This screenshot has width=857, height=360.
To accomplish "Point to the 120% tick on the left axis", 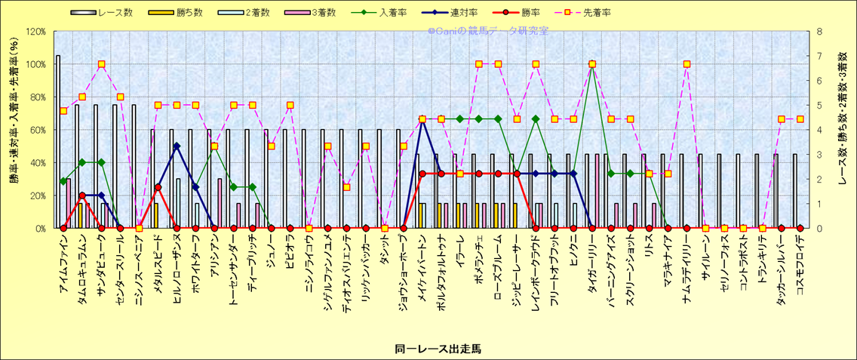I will [35, 32].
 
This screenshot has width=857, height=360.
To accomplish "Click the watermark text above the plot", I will [488, 31].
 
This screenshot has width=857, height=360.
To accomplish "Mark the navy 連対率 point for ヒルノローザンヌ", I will [177, 146].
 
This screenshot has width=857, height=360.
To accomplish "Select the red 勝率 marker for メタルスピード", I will [158, 187].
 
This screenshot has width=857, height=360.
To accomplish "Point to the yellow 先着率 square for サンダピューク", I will [101, 64].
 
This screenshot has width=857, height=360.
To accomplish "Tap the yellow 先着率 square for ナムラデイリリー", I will [687, 64].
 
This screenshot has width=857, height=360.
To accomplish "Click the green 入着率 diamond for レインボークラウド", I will [536, 118].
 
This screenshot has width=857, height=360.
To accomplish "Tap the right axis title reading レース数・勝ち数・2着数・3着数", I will [843, 130].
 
